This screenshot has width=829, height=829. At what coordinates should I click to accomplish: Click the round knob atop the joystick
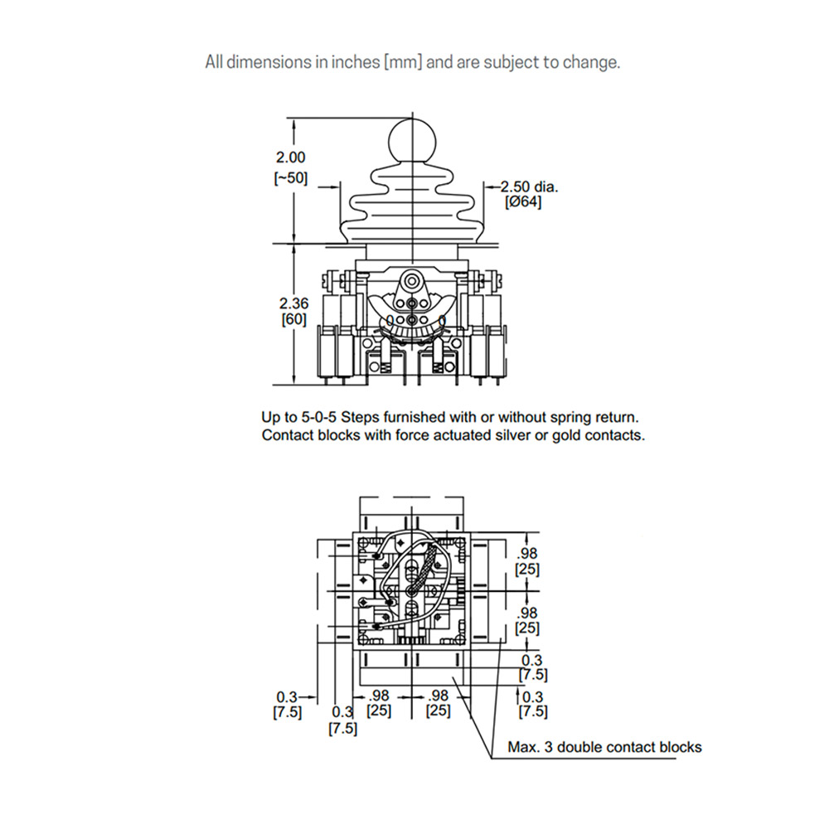point(412,141)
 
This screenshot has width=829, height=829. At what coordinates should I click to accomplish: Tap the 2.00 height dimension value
point(290,158)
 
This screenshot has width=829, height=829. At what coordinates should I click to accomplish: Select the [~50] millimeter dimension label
point(290,178)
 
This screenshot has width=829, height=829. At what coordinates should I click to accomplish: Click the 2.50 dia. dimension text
point(529,187)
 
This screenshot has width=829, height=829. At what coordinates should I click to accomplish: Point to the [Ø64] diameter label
point(523,202)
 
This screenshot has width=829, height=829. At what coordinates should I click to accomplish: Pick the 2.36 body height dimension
point(293,303)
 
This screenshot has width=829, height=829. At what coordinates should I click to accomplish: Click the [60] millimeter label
point(294,319)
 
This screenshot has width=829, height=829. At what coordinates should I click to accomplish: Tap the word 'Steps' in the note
point(359,418)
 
